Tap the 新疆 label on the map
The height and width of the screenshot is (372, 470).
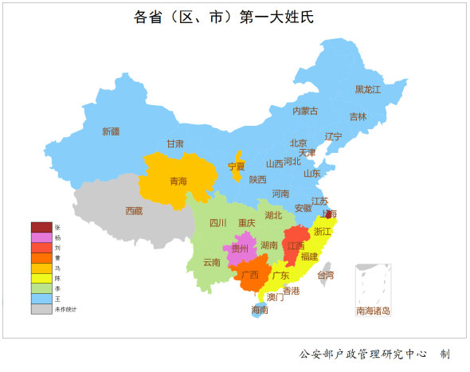pos(111,131)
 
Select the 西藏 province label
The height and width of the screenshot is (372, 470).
pos(134,211)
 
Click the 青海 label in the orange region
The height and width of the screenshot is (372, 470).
pos(178,182)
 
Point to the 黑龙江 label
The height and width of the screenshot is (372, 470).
pos(368,89)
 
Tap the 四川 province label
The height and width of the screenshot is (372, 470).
pos(217,223)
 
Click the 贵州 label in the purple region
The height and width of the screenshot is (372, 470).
pos(240,249)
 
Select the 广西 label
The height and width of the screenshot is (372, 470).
pos(249,276)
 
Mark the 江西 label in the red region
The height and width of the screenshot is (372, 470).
pos(296,246)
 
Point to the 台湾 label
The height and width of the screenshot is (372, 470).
pos(326,275)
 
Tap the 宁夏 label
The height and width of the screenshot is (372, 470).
pos(237,166)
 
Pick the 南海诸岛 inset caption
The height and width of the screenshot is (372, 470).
pos(374,311)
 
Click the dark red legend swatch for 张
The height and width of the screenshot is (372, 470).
pos(41,228)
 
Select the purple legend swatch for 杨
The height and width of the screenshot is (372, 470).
pos(41,238)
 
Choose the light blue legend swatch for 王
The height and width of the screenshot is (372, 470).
pos(41,299)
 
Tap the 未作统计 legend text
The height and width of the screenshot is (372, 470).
pos(65,309)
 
